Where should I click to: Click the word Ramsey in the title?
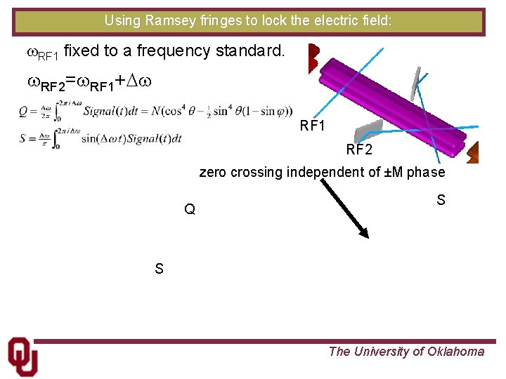[166, 21]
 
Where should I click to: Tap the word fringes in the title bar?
[214, 21]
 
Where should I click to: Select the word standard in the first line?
[253, 51]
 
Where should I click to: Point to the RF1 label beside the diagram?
[313, 126]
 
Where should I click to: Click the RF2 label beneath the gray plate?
[359, 149]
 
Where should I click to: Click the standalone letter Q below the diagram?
[190, 209]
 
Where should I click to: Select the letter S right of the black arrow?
[441, 201]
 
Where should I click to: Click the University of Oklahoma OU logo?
[22, 356]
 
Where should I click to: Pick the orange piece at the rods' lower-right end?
[472, 152]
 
